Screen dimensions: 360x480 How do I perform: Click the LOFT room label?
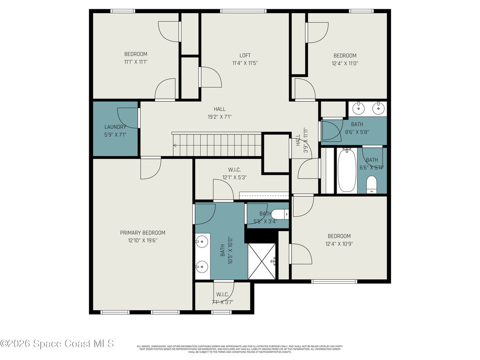(x=245, y=55)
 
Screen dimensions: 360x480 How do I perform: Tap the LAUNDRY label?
(x=115, y=127)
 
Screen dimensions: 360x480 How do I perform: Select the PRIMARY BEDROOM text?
(x=142, y=232)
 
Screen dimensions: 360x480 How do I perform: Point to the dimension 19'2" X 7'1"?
(x=219, y=117)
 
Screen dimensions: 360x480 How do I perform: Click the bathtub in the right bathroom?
(x=347, y=170)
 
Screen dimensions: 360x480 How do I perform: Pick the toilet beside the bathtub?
(x=372, y=184)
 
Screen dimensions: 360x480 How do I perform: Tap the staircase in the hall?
(x=217, y=144)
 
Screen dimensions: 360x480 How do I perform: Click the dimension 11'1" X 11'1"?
(x=135, y=62)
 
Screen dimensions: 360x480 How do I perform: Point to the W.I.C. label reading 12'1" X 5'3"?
(x=234, y=178)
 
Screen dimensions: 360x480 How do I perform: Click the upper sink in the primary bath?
(x=202, y=242)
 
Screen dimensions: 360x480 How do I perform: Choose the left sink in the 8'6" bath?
(x=359, y=109)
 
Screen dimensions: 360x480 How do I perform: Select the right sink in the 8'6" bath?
(x=378, y=109)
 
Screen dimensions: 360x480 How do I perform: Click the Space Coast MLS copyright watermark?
(x=57, y=344)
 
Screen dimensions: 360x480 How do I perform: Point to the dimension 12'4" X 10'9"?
(x=339, y=244)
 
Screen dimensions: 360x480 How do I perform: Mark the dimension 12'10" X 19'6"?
(x=142, y=240)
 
